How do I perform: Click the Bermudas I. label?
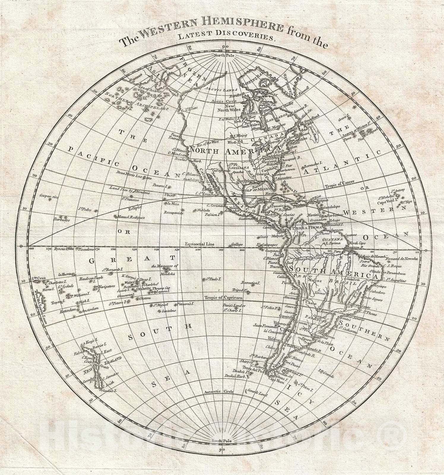point(313,164)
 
